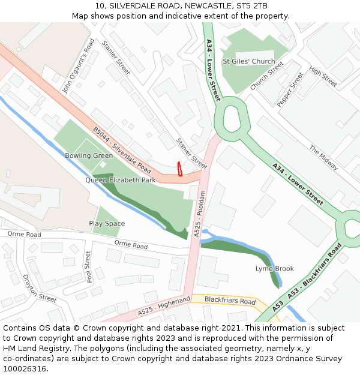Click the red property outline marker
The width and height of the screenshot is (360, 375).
[179, 169]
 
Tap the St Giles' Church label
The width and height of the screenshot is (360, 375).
[248, 61]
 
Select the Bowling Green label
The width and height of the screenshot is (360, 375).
[89, 155]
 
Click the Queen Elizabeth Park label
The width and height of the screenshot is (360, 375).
[121, 180]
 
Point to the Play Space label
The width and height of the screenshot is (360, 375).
[107, 224]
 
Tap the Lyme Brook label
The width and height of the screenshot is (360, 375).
[275, 269]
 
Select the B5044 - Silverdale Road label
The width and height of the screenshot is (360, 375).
[122, 149]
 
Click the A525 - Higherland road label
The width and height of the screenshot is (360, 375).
[164, 305]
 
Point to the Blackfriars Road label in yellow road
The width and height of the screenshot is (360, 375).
[230, 301]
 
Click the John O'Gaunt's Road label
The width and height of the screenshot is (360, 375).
[79, 66]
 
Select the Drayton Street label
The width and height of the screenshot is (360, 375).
[39, 288]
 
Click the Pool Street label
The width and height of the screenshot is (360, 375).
[89, 267]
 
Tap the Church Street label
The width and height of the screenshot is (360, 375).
[267, 77]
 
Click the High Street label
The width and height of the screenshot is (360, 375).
[323, 75]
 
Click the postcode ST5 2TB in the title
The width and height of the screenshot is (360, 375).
[252, 6]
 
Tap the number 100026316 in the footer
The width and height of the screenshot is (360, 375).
[26, 368]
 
